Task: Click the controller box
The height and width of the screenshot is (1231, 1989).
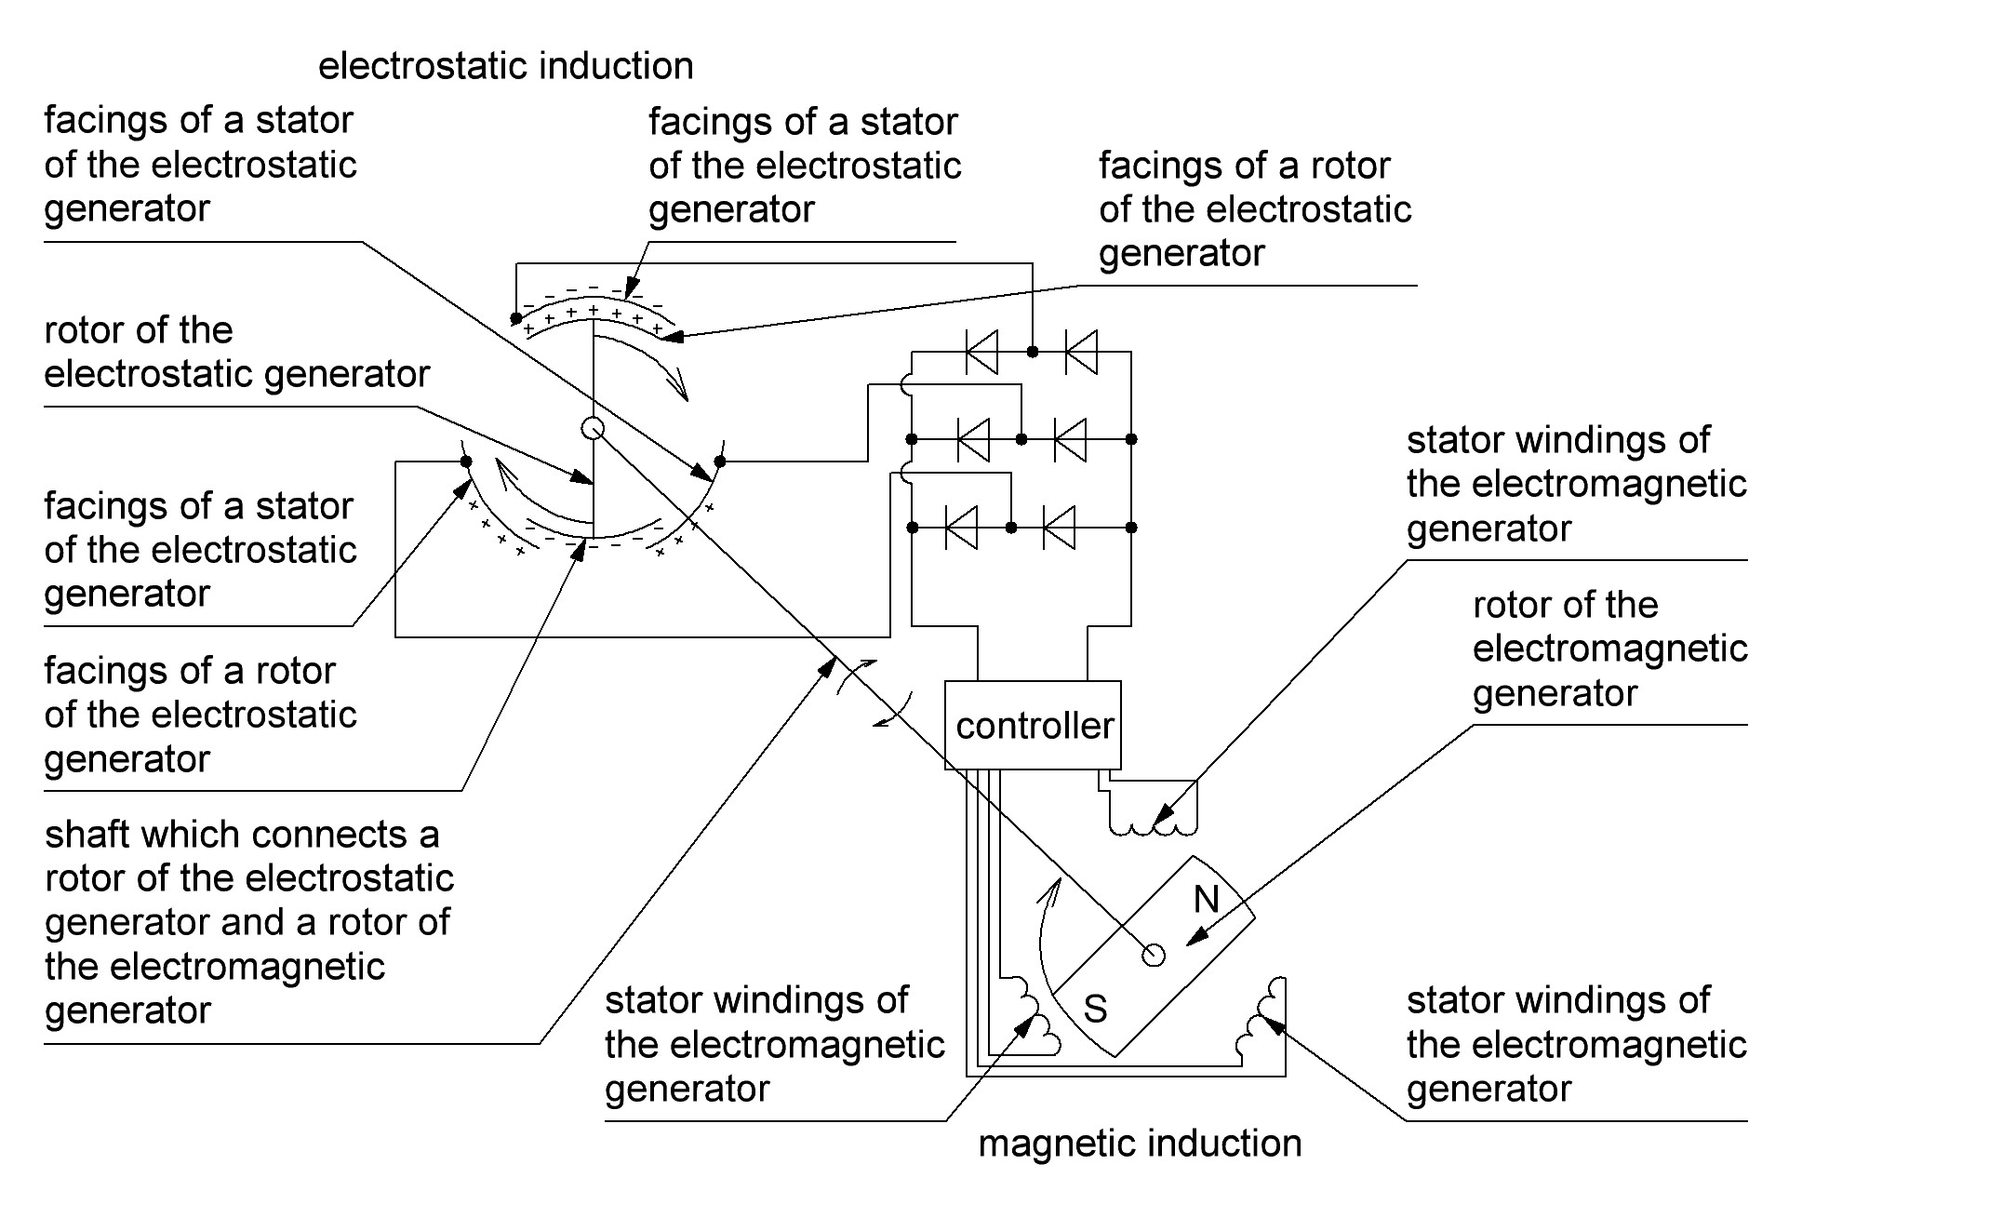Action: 1033,726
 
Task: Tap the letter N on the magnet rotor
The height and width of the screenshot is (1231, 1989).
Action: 1206,899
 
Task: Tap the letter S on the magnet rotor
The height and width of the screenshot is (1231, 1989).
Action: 1096,1010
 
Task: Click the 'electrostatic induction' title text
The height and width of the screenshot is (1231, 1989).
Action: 505,66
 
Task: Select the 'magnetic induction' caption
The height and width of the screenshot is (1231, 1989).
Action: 1140,1144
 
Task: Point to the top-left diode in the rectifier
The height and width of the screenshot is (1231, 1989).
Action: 981,352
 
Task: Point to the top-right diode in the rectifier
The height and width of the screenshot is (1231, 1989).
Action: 1081,352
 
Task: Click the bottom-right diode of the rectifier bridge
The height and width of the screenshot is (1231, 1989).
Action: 1060,528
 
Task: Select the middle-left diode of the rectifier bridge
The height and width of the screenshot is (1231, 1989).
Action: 973,439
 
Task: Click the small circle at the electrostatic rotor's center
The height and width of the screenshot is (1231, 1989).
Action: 593,428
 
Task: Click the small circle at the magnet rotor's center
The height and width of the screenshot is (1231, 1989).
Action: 1153,956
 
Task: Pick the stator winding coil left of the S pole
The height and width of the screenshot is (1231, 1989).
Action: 1033,1019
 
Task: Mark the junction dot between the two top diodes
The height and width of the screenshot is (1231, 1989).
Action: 1032,352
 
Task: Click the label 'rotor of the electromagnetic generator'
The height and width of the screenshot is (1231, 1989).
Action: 1609,649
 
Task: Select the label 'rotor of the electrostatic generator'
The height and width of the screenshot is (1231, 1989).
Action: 236,353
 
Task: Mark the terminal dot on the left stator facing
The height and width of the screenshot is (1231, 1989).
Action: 466,462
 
